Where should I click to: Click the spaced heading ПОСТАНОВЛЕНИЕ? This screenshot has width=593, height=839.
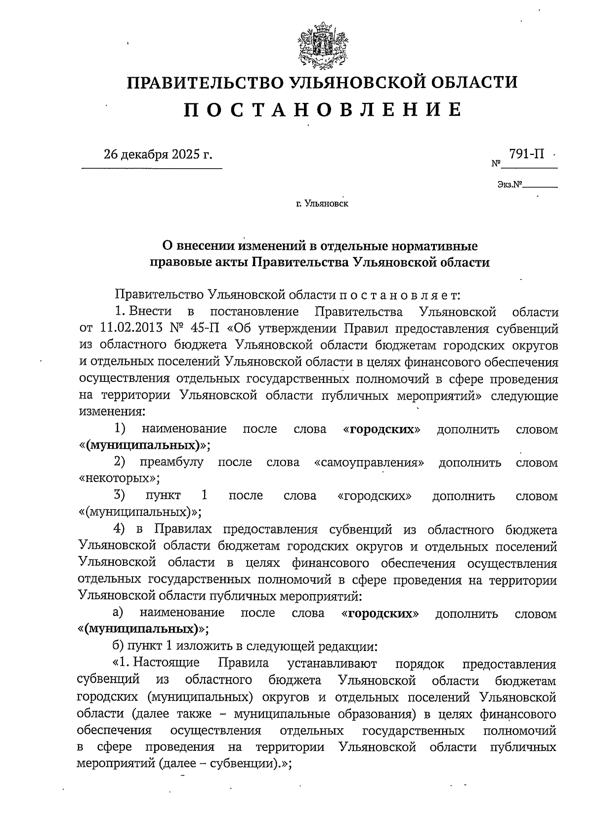tap(323, 109)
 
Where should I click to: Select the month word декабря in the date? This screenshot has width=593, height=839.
tap(146, 155)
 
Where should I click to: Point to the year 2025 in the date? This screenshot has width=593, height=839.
tap(186, 155)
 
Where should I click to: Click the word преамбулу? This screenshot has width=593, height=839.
tap(171, 463)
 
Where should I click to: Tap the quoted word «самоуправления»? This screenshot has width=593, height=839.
tap(369, 463)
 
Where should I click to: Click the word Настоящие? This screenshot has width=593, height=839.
tap(166, 662)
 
